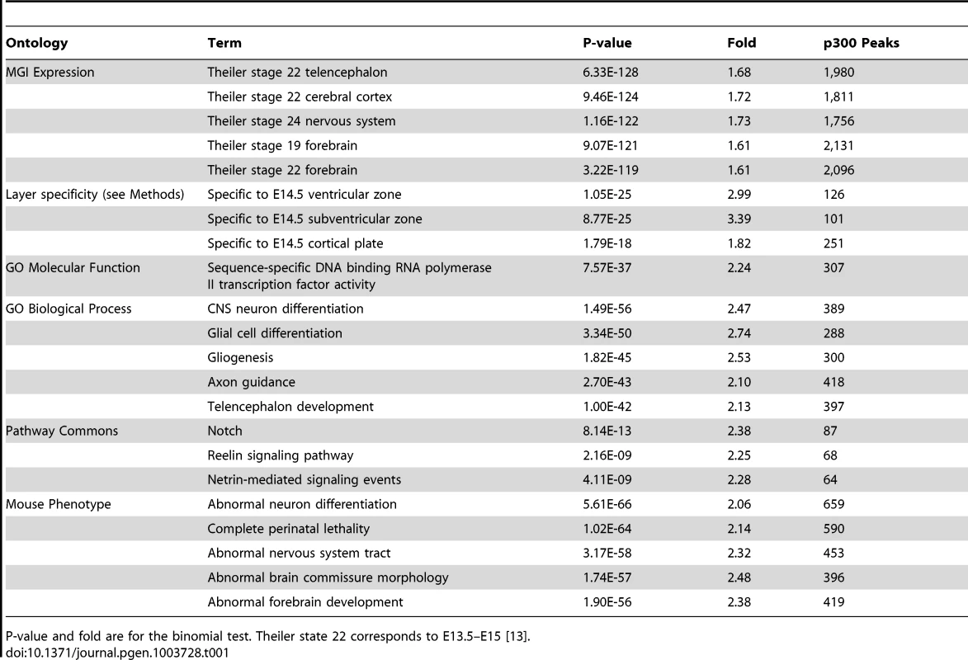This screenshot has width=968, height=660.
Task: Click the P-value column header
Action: pyautogui.click(x=607, y=43)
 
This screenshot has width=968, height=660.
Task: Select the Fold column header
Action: pyautogui.click(x=741, y=43)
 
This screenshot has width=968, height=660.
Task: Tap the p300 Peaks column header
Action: pyautogui.click(x=862, y=43)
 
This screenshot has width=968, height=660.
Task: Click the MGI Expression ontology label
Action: pyautogui.click(x=50, y=73)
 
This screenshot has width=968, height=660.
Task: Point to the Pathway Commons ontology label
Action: pyautogui.click(x=62, y=431)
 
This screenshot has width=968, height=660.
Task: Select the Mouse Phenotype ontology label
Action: pyautogui.click(x=58, y=504)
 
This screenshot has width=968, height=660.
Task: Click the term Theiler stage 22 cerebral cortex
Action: pyautogui.click(x=300, y=97)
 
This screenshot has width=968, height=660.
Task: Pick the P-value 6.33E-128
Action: pyautogui.click(x=611, y=73)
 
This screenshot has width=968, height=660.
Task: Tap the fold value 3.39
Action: pyautogui.click(x=739, y=219)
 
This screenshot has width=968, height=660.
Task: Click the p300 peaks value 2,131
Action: pyautogui.click(x=839, y=146)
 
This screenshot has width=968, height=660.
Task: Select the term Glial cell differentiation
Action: pyautogui.click(x=275, y=333)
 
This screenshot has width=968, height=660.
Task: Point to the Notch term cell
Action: pyautogui.click(x=224, y=431)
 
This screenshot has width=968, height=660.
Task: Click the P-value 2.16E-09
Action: pyautogui.click(x=607, y=455)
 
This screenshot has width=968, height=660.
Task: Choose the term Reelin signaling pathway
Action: pyautogui.click(x=281, y=455)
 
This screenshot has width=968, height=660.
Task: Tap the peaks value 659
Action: pyautogui.click(x=833, y=504)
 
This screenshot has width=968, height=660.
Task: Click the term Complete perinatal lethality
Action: pyautogui.click(x=288, y=529)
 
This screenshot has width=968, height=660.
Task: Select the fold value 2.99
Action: pyautogui.click(x=739, y=195)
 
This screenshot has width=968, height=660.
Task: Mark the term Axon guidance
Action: pyautogui.click(x=251, y=382)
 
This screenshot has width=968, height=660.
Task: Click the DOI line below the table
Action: pyautogui.click(x=117, y=653)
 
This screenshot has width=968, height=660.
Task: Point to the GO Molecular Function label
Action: pyautogui.click(x=73, y=268)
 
